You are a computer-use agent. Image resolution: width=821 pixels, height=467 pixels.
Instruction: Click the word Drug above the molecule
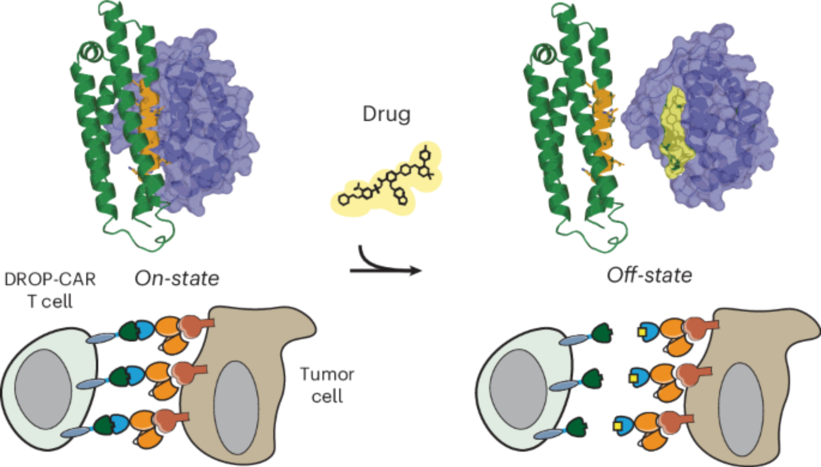[x=386, y=114]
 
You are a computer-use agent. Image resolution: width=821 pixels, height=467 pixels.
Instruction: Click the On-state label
[x=177, y=279]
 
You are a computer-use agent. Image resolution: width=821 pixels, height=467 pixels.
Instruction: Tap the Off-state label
[x=649, y=275]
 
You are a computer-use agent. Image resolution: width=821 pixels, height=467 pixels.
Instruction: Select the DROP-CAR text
[x=50, y=279]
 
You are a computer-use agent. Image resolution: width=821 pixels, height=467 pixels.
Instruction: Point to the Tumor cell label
[x=327, y=385]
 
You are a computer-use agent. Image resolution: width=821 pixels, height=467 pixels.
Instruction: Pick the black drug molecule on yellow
[x=386, y=181]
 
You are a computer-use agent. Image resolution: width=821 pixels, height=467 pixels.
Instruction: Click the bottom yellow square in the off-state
[x=617, y=426]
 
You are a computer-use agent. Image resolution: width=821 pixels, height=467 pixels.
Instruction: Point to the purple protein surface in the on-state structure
[x=205, y=123]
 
